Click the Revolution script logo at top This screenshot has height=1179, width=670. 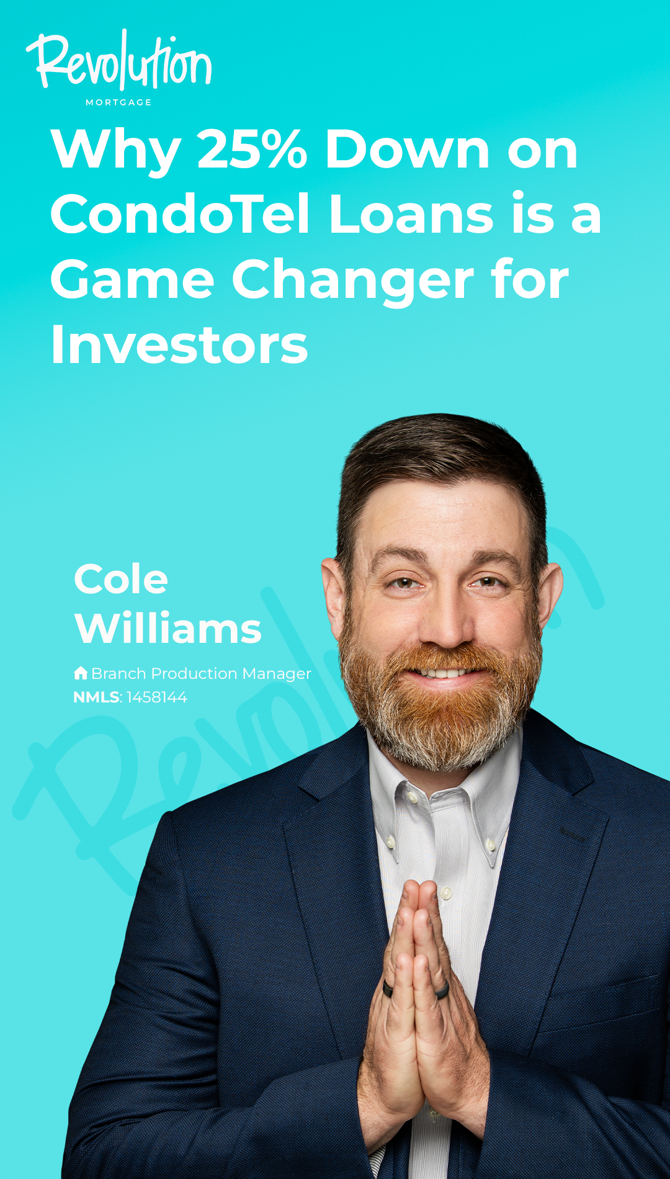pyautogui.click(x=119, y=60)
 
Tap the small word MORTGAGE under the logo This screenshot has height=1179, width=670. pyautogui.click(x=118, y=102)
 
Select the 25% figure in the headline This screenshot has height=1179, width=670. pyautogui.click(x=252, y=149)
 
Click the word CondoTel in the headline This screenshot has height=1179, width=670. pyautogui.click(x=180, y=214)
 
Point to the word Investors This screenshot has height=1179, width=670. pyautogui.click(x=179, y=344)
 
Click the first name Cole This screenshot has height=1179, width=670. pyautogui.click(x=121, y=579)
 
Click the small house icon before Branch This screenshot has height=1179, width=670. pyautogui.click(x=81, y=673)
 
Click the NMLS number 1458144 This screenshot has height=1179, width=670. pyautogui.click(x=157, y=697)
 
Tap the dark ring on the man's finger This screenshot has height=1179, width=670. pyautogui.click(x=388, y=988)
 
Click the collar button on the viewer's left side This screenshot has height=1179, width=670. pyautogui.click(x=391, y=841)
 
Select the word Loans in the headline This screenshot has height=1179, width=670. pyautogui.click(x=411, y=214)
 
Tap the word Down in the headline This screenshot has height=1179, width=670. pyautogui.click(x=408, y=149)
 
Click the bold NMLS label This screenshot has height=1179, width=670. pyautogui.click(x=96, y=697)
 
